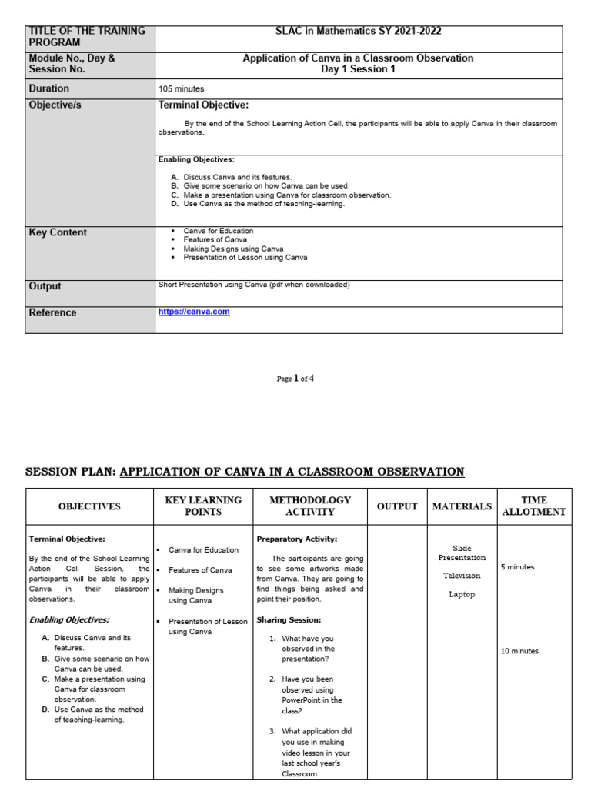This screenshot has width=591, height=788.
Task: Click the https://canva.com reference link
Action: (194, 312)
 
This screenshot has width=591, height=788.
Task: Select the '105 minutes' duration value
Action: (181, 89)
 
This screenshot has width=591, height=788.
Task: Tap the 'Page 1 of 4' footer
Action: (295, 379)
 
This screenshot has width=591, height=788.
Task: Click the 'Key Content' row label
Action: (58, 232)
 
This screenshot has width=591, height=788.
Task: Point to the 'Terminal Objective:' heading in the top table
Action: (203, 105)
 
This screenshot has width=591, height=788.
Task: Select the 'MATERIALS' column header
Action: (462, 506)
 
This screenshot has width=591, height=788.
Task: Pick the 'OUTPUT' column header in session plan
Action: (397, 506)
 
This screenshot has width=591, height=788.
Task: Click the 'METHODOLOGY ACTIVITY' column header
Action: (310, 506)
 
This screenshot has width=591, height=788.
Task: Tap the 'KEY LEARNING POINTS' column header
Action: (203, 506)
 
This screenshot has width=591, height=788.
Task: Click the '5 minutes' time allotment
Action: (517, 567)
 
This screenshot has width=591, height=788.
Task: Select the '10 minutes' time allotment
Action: (519, 651)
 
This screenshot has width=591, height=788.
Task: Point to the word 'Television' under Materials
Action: (462, 576)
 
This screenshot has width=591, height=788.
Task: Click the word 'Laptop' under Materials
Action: (462, 594)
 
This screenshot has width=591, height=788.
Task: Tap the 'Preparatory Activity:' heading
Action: (296, 539)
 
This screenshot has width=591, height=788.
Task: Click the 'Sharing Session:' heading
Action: (289, 619)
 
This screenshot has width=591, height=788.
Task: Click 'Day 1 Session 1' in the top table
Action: (358, 69)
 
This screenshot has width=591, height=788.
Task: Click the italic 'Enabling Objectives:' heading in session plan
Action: (69, 619)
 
